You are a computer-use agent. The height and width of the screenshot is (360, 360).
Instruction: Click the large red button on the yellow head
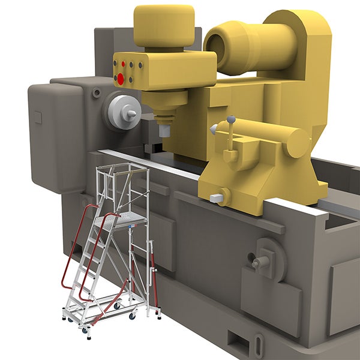pyautogui.click(x=121, y=78)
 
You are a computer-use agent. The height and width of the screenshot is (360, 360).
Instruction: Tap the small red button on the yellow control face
pyautogui.click(x=124, y=64)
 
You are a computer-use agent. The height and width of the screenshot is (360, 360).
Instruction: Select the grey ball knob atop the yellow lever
pyautogui.click(x=231, y=119)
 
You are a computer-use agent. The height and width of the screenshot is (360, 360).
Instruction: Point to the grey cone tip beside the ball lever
pyautogui.click(x=213, y=128)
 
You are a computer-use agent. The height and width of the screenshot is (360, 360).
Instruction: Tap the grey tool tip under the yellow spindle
pyautogui.click(x=163, y=130)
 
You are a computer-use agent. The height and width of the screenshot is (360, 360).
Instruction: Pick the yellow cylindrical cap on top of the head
pyautogui.click(x=164, y=25)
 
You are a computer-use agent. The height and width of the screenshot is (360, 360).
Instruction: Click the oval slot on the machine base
pyautogui.click(x=259, y=346)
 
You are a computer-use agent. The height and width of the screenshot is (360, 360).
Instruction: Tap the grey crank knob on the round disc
pyautogui.click(x=259, y=262)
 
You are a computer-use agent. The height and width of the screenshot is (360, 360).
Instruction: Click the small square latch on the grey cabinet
pyautogui.click(x=37, y=117)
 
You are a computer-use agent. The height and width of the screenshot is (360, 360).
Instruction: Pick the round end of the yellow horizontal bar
pyautogui.click(x=298, y=142)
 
